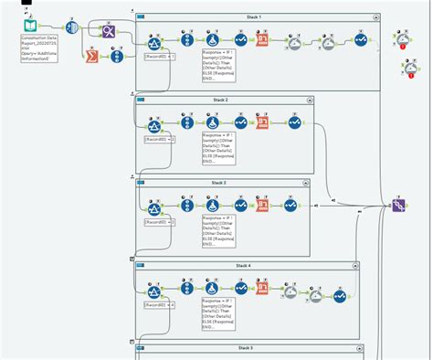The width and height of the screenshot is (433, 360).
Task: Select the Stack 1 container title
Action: (x=253, y=17)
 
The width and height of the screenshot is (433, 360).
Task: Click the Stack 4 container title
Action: (x=242, y=265)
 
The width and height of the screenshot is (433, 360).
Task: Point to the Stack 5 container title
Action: (x=246, y=348)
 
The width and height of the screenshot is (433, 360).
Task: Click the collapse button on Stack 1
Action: (x=374, y=17)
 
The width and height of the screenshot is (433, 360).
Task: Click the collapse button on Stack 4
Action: (x=351, y=265)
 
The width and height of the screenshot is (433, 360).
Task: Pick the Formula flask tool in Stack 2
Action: (x=212, y=122)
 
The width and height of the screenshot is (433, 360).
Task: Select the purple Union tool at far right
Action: (x=399, y=206)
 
